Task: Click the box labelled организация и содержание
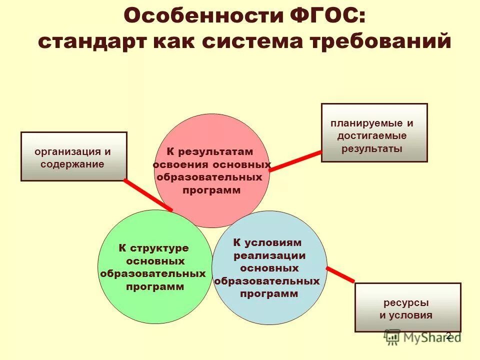tap(73, 156)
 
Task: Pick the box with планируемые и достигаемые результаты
tap(374, 133)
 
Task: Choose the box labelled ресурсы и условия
tap(407, 307)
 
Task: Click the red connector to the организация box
tap(148, 195)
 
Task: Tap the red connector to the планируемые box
tap(295, 160)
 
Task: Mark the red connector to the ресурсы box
tap(340, 274)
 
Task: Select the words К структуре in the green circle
tap(153, 248)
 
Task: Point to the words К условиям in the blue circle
tap(267, 243)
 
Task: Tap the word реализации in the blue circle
tap(269, 255)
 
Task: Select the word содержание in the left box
tap(73, 163)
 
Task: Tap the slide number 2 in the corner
tap(448, 335)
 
